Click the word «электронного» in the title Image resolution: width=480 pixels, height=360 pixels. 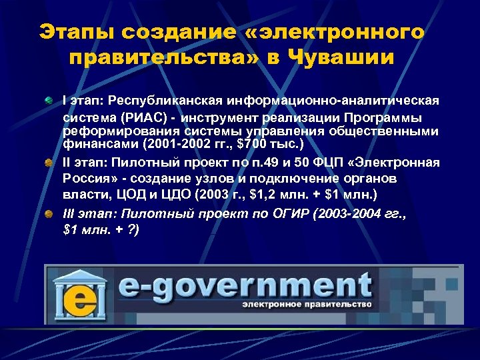[x=339, y=33]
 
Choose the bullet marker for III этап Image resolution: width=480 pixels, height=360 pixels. [x=49, y=214]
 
